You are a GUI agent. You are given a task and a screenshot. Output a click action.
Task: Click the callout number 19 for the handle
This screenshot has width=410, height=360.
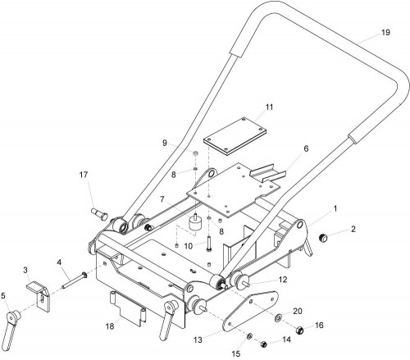pos(385,32)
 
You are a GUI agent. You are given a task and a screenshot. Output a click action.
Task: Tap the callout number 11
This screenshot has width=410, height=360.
pos(269,107)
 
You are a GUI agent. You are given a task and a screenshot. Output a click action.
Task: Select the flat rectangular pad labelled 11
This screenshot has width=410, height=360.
pos(235,137)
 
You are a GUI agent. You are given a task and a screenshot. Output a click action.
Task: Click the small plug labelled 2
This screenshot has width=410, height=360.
pos(323,238)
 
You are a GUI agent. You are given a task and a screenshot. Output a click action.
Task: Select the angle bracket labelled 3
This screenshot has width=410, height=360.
pos(39,296)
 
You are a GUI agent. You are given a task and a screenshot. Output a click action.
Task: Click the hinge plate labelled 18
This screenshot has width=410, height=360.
pos(129,309)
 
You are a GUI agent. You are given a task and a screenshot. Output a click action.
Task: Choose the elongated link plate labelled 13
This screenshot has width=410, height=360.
pos(250,311)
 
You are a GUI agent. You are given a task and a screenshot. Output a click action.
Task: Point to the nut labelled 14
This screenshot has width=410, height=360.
pos(263,344)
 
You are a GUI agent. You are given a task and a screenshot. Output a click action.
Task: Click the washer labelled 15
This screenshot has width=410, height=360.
pos(249,336)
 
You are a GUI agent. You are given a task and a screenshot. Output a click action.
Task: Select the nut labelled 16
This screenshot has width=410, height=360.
pos(300,330)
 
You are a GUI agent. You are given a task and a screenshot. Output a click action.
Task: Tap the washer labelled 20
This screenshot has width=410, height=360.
pos(279,318)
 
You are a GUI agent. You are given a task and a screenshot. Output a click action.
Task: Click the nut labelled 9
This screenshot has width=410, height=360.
pos(196,153)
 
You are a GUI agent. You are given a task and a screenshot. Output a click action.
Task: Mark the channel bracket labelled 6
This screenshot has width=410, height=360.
pos(268,173)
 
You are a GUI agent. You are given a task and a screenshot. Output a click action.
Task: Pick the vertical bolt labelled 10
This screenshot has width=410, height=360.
pos(209,244)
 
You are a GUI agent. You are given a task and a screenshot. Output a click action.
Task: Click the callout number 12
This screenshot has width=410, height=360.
pos(283,280)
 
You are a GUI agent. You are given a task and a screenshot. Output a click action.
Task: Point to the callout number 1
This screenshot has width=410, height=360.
pos(335,209)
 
